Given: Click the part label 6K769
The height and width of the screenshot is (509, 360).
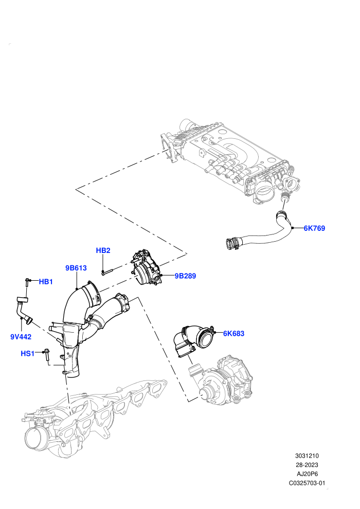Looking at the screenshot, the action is click(314, 228).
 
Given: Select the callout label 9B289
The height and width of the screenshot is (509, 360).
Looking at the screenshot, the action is click(185, 276).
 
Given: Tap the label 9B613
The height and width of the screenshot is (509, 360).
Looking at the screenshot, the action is click(76, 268).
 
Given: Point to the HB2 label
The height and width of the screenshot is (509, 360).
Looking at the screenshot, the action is click(103, 250).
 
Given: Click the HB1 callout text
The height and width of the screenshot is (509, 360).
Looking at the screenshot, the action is click(46, 282).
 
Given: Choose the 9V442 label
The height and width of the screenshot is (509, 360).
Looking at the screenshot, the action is click(21, 337).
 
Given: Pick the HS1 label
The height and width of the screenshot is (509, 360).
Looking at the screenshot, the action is click(27, 353).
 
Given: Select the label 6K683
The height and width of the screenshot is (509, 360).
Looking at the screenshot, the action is click(233, 333).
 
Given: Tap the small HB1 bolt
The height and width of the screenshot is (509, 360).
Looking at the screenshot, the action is click(27, 282).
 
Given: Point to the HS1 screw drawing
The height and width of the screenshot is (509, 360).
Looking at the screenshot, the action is click(46, 355).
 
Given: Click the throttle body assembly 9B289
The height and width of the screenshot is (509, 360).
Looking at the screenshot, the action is click(148, 268).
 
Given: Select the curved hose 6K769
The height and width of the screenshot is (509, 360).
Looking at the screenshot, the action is click(260, 234).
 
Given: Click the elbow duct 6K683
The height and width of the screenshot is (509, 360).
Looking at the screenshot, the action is click(194, 341).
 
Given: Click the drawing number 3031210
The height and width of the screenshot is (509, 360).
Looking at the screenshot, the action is click(307, 456).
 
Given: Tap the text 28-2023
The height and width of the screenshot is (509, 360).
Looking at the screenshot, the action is click(307, 465).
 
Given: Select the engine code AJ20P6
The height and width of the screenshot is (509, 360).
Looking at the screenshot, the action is click(307, 474).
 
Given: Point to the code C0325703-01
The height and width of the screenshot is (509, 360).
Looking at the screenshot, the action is click(307, 483).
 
